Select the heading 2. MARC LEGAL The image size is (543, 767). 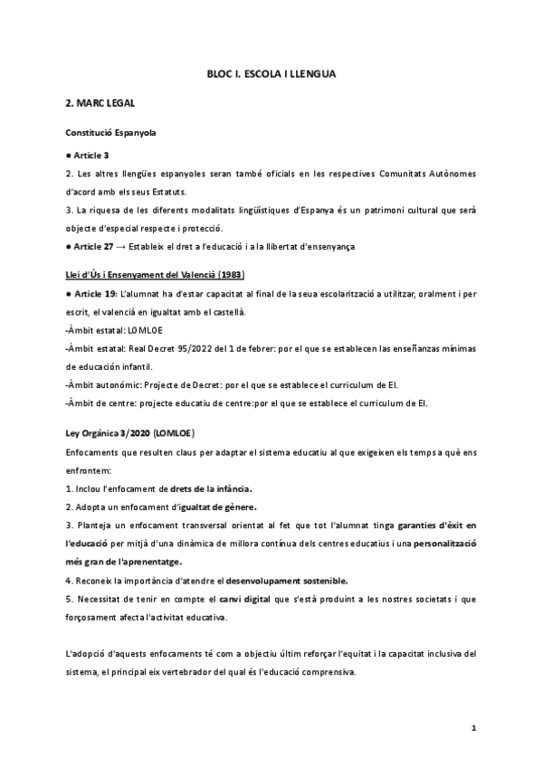(x=101, y=104)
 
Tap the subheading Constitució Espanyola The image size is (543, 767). (x=110, y=133)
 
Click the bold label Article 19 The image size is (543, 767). (x=94, y=295)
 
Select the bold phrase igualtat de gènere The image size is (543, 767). (x=217, y=507)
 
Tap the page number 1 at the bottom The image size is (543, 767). (x=474, y=728)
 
